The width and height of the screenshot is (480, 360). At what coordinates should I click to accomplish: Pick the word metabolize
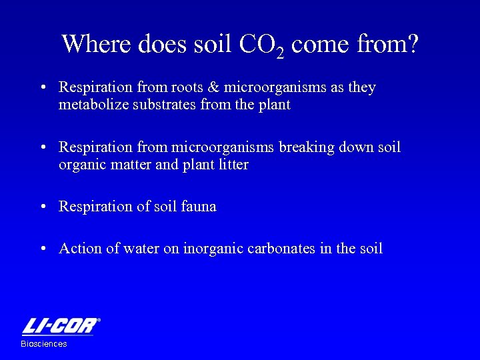click(x=91, y=105)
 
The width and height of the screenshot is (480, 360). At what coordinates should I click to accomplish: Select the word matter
click(x=132, y=165)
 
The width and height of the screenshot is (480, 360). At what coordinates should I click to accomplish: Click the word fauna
click(x=199, y=207)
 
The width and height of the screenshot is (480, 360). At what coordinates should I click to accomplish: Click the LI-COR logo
click(x=61, y=326)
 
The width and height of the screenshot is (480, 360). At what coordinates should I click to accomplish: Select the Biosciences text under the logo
click(x=44, y=344)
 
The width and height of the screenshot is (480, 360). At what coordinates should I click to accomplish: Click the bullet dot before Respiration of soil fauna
click(x=43, y=207)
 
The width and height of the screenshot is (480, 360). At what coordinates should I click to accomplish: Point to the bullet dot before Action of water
click(x=43, y=249)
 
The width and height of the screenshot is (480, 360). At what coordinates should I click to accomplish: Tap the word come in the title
click(x=321, y=44)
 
